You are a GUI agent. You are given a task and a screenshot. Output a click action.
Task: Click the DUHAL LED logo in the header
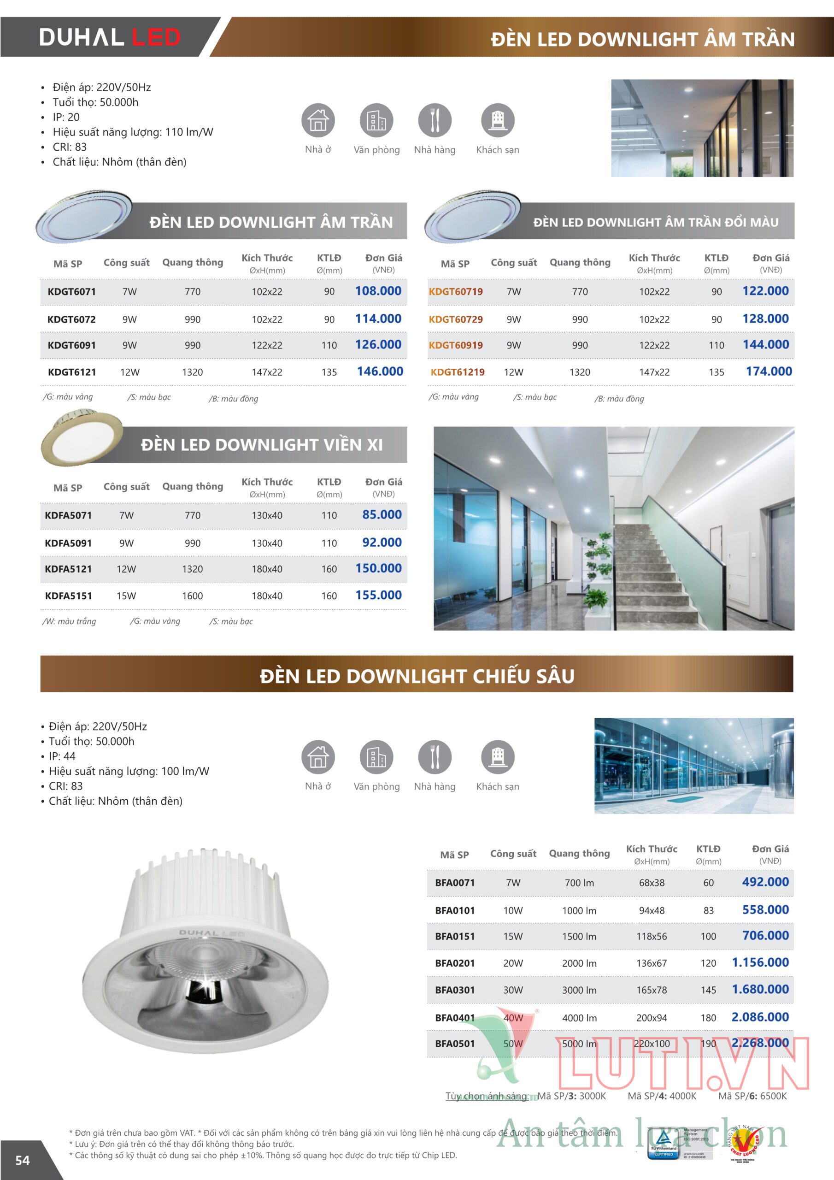click(x=110, y=37)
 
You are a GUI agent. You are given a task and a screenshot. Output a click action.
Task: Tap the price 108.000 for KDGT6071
click(x=378, y=291)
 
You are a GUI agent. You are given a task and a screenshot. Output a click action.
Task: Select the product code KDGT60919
click(x=455, y=345)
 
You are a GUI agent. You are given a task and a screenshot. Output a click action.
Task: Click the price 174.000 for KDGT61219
click(x=769, y=372)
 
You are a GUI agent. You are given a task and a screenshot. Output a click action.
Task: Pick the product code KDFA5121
click(x=68, y=569)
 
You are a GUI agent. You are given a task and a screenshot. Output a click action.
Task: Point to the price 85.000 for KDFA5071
click(x=382, y=514)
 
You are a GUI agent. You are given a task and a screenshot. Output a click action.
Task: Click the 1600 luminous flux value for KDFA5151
click(x=192, y=596)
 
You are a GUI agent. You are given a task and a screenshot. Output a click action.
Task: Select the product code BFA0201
click(x=455, y=963)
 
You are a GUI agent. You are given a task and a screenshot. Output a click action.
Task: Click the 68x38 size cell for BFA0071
click(x=652, y=883)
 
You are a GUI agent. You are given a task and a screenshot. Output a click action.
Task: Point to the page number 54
click(x=23, y=1160)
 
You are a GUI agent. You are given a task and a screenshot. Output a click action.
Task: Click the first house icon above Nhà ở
click(x=318, y=120)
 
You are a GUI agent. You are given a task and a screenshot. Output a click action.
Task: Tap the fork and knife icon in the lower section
click(x=435, y=757)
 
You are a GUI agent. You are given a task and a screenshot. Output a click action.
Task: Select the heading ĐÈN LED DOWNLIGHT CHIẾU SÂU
click(x=417, y=676)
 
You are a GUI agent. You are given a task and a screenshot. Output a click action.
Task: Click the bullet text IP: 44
click(x=62, y=756)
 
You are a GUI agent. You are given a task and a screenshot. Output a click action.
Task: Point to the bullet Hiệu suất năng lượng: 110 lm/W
click(x=133, y=132)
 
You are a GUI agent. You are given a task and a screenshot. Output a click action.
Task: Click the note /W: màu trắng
click(x=70, y=621)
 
